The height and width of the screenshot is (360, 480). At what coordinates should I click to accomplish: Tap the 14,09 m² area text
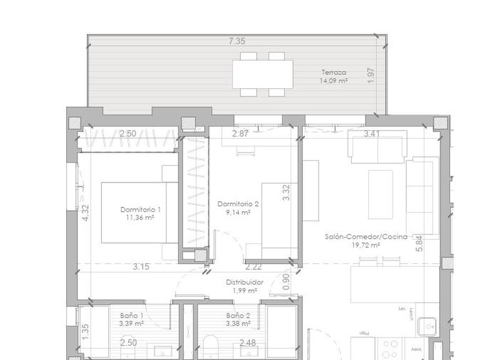(x=333, y=81)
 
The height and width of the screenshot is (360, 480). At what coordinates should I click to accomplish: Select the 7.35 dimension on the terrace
(x=236, y=41)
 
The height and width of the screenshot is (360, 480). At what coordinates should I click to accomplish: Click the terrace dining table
(x=262, y=74)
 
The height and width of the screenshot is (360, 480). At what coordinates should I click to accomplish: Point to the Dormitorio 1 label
(x=141, y=209)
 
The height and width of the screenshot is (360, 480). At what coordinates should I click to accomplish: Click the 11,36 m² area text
(x=140, y=217)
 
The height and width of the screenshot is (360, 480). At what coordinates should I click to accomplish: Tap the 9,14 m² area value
(x=238, y=212)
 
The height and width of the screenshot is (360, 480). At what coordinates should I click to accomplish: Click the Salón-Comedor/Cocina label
(x=366, y=237)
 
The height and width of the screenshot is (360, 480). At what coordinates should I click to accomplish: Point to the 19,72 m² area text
(x=367, y=246)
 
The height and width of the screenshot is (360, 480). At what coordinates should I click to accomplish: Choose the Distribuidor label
(x=244, y=282)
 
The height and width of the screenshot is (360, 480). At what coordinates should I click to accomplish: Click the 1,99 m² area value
(x=244, y=291)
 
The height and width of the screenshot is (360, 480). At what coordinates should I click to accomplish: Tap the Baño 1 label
(x=131, y=316)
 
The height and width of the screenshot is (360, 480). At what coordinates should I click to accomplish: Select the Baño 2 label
(x=239, y=316)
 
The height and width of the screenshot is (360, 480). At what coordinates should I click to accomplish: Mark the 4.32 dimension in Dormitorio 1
(x=86, y=214)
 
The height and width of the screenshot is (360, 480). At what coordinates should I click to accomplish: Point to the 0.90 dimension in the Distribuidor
(x=286, y=282)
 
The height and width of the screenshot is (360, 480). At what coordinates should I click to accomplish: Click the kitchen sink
(x=428, y=324)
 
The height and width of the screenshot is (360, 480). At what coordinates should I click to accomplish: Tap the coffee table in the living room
(x=380, y=194)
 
